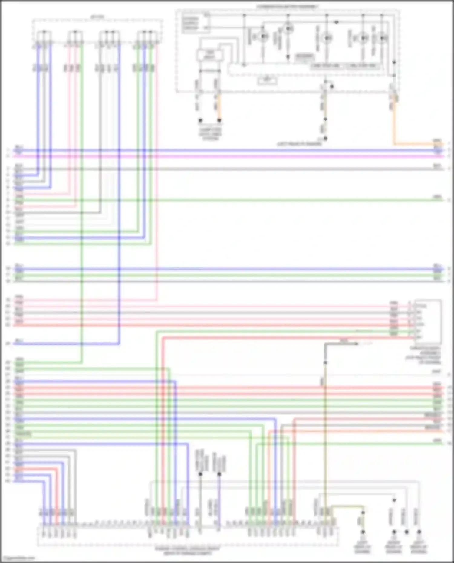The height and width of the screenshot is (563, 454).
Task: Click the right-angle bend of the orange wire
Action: tap(394, 144)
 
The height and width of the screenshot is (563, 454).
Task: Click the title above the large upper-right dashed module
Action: tap(288, 6)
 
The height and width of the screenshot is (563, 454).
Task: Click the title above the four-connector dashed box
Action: tap(97, 17)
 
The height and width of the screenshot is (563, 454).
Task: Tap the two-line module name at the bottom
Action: tap(188, 551)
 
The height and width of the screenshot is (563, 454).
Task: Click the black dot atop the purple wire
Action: tap(219, 474)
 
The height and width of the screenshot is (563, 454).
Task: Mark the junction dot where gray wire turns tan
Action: tap(325, 362)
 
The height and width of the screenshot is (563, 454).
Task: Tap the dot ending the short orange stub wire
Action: tap(219, 120)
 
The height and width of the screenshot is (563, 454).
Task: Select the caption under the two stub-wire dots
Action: tap(210, 134)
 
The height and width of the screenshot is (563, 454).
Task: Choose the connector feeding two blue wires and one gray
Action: tap(44, 39)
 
